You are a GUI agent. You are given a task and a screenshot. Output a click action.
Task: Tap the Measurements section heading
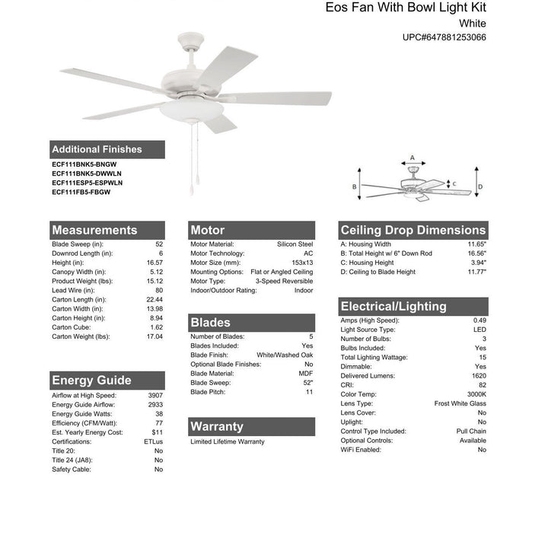(94, 230)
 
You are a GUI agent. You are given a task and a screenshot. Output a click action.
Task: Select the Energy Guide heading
(91, 381)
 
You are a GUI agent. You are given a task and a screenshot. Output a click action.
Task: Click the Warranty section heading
(217, 426)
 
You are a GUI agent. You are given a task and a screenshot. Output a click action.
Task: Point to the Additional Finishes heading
(97, 149)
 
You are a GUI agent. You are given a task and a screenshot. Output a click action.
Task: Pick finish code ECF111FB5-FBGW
(81, 193)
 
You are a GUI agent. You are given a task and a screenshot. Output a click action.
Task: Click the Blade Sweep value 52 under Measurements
(159, 244)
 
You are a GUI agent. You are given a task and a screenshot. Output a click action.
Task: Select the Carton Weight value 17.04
(154, 336)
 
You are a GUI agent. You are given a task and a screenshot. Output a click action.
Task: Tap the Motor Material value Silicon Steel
(295, 244)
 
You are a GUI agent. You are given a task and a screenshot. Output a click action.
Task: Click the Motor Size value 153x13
(301, 263)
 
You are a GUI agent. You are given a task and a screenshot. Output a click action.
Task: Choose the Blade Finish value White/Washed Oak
(285, 355)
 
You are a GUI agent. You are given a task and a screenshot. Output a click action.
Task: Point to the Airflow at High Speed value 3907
(155, 396)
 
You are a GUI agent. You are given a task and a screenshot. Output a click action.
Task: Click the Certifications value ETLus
(154, 441)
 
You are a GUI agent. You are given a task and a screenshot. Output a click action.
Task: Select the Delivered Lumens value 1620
(479, 375)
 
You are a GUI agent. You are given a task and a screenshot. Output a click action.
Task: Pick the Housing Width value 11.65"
(476, 244)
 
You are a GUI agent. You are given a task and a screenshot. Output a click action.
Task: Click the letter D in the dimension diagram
(480, 186)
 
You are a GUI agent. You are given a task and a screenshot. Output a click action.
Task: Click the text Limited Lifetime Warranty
(228, 441)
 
